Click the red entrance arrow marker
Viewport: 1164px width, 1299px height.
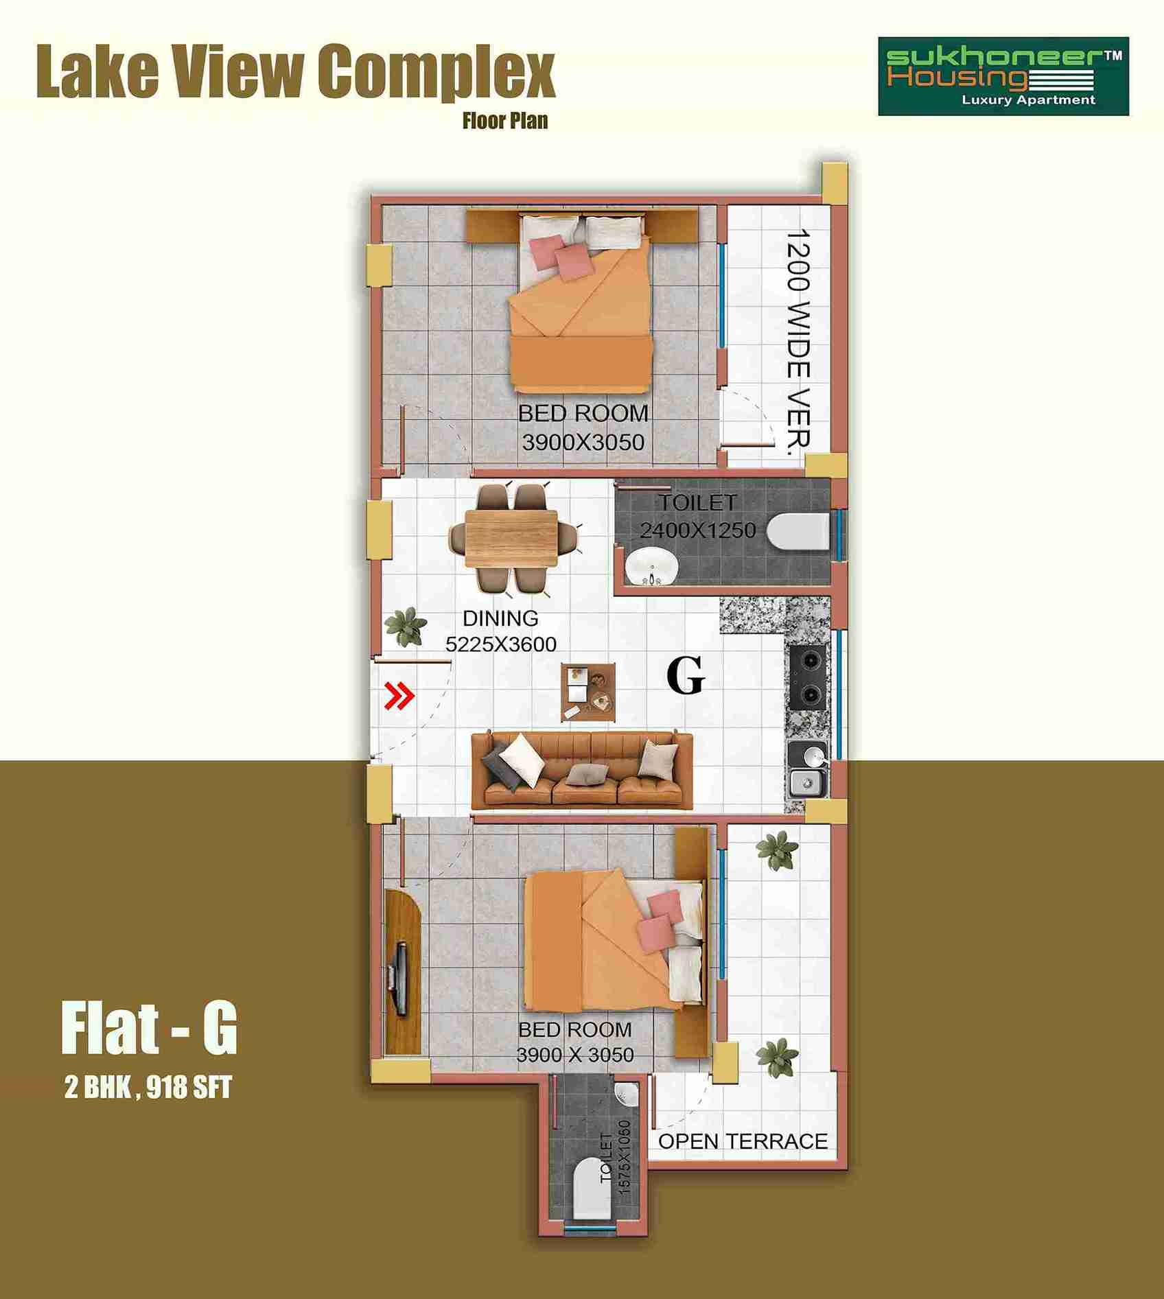point(399,697)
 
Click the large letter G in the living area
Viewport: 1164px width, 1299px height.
point(686,677)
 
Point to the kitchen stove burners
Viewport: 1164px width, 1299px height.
point(808,677)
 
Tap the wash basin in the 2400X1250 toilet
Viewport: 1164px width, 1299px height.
point(651,568)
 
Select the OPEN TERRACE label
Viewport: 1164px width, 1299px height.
point(743,1141)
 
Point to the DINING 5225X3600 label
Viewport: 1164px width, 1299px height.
point(501,631)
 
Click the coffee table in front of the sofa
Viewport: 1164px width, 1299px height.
point(588,692)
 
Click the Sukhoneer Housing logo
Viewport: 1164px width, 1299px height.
point(1003,76)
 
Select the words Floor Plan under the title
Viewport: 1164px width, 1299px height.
point(505,121)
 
